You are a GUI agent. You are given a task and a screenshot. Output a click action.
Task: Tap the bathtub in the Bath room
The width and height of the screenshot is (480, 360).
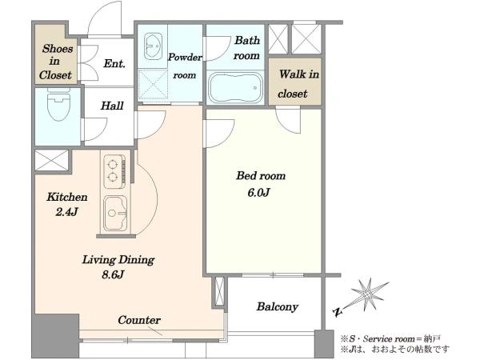pyautogui.click(x=235, y=88)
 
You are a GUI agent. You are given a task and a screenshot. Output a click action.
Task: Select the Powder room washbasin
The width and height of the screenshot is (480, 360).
pyautogui.click(x=153, y=46)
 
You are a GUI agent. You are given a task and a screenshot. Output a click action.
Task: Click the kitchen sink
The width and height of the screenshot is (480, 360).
pyautogui.click(x=115, y=213)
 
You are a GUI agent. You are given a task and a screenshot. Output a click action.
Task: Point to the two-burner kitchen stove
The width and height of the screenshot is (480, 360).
pyautogui.click(x=114, y=171)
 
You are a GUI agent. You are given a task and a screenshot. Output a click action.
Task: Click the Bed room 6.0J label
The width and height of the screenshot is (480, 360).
pyautogui.click(x=261, y=184)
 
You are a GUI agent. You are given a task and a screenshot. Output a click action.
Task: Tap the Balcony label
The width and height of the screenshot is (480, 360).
pyautogui.click(x=278, y=306)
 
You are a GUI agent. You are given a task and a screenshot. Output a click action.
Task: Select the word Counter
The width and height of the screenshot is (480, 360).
pyautogui.click(x=139, y=320)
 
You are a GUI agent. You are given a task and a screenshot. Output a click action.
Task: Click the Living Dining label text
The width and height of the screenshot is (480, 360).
pyautogui.click(x=118, y=259)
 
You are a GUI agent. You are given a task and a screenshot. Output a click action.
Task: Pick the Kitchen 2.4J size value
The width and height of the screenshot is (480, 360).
pyautogui.click(x=66, y=212)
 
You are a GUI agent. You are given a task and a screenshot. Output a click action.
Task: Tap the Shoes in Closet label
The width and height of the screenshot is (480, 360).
pyautogui.click(x=56, y=62)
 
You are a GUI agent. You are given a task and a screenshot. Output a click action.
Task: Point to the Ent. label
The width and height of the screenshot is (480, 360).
pyautogui.click(x=114, y=63)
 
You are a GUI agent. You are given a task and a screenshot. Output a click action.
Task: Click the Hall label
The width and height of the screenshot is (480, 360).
pyautogui.click(x=112, y=106)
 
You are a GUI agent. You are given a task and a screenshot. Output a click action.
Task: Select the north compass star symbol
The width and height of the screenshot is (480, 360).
pyautogui.click(x=367, y=294)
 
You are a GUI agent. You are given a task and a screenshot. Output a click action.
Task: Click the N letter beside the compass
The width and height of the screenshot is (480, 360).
pyautogui.click(x=337, y=312)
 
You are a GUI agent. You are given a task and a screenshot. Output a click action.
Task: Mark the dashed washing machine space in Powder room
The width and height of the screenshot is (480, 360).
pyautogui.click(x=153, y=85)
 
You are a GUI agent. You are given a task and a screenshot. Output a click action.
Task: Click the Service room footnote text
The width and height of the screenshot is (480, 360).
pyautogui.click(x=390, y=339)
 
